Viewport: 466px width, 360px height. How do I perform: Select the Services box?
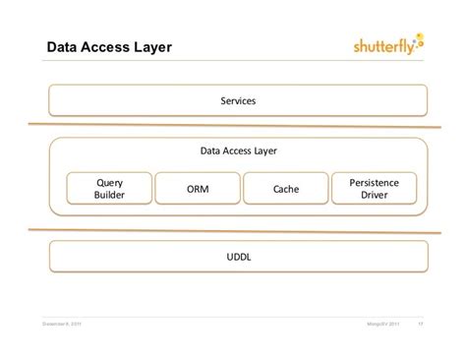(x=238, y=100)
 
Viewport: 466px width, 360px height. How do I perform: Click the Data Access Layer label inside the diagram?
(x=238, y=150)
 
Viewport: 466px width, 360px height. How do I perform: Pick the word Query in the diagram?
(x=109, y=181)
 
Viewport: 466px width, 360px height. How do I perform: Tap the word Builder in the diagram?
(x=109, y=195)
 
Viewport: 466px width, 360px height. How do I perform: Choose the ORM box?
(x=197, y=188)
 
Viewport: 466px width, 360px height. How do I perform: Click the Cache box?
(x=285, y=188)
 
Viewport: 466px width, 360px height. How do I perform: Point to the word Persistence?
(x=374, y=181)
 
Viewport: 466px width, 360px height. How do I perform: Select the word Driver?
(x=374, y=195)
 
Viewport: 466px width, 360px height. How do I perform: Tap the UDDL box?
(x=238, y=257)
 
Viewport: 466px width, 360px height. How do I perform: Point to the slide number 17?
(x=421, y=326)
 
